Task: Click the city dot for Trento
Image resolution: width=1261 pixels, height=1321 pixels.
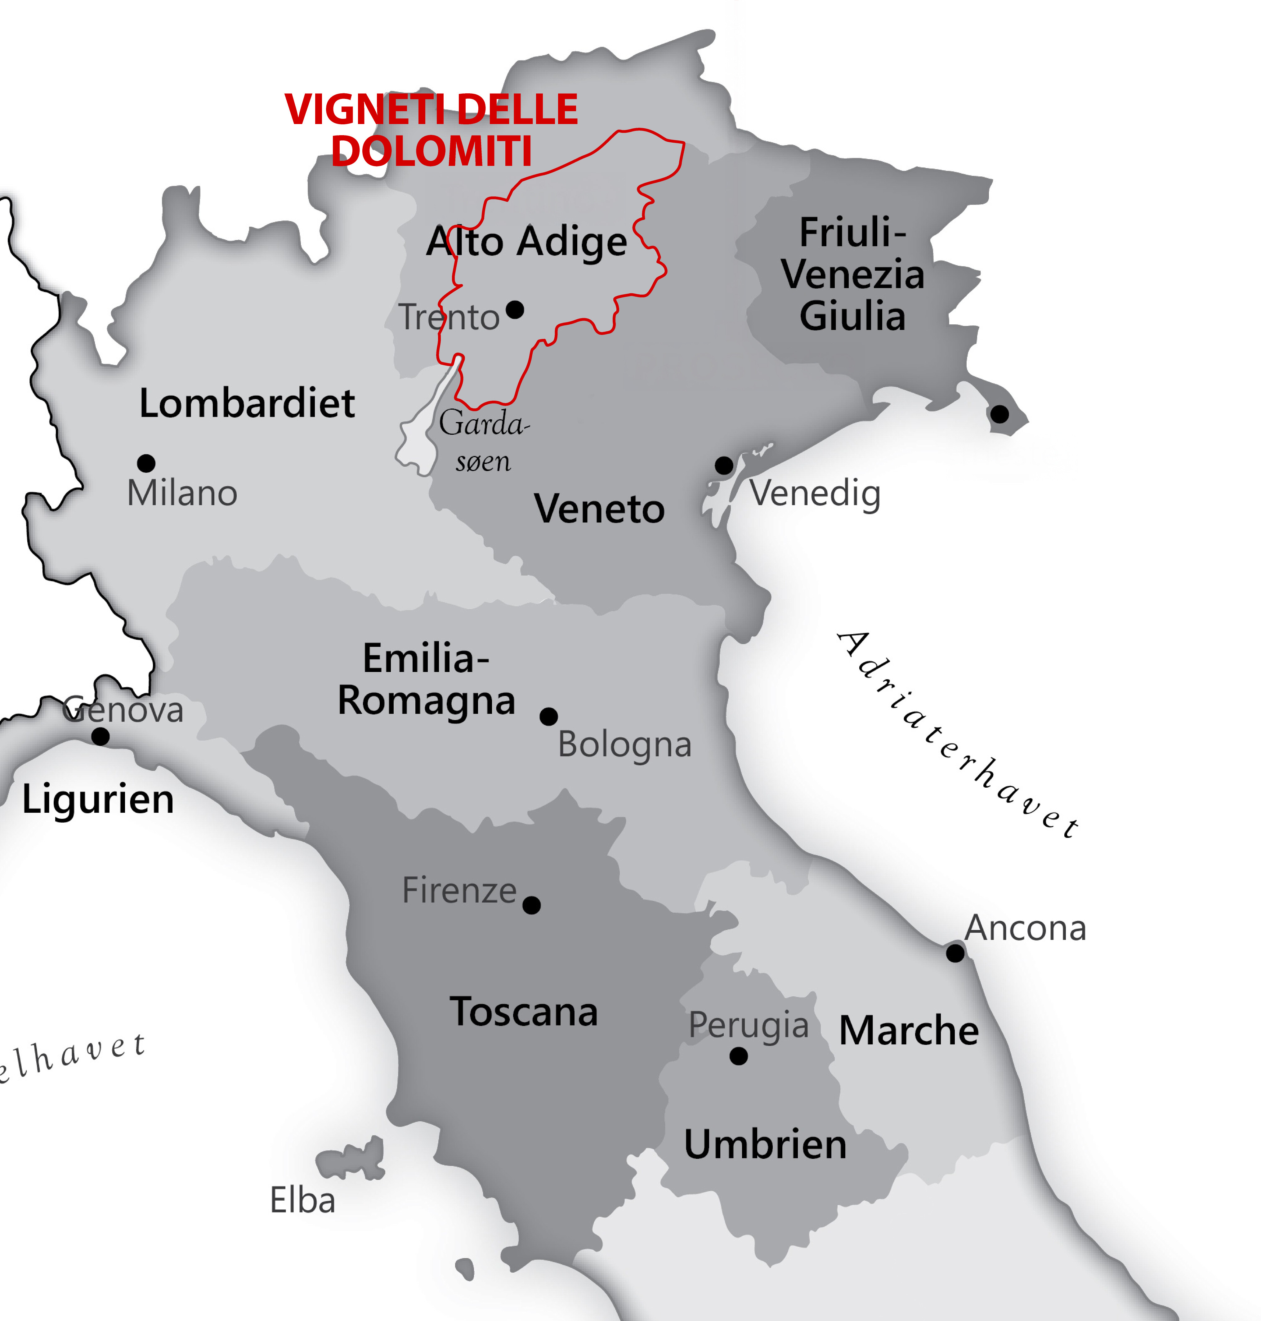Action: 515,310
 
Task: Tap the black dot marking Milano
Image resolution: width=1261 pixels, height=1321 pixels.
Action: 146,463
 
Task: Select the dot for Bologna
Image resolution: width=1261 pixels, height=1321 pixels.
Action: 548,716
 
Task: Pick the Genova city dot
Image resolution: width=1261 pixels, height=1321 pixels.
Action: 100,736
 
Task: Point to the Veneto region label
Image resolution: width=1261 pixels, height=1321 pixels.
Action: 599,509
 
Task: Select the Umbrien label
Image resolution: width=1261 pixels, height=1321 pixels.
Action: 765,1144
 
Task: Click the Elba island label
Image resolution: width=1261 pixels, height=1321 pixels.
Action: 302,1200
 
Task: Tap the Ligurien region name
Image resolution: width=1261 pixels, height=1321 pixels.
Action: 98,800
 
